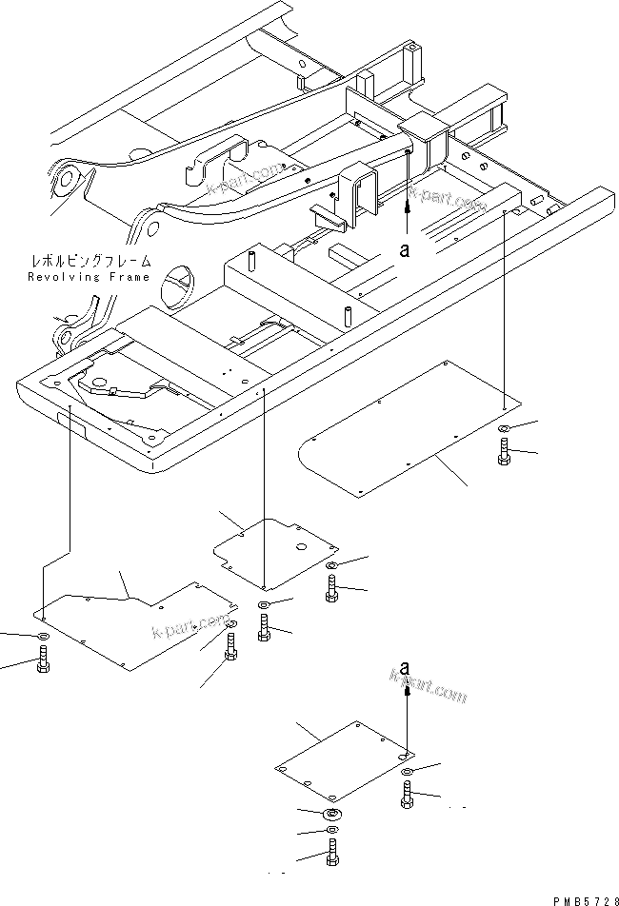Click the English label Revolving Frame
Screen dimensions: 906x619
88,276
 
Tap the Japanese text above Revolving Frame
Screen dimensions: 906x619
89,260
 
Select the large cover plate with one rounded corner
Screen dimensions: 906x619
409,429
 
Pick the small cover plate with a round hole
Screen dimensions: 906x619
276,551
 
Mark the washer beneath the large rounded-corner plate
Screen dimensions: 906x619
503,428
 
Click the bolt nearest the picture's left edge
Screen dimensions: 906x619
42,660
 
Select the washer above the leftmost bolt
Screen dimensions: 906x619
42,636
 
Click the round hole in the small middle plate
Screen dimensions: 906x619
302,546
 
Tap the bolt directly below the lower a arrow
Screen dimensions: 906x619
407,793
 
